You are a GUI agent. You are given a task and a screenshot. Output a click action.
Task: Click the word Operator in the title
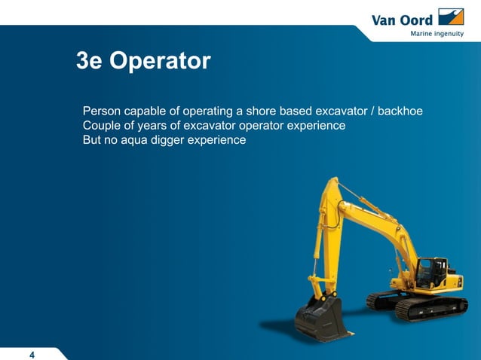(x=160, y=62)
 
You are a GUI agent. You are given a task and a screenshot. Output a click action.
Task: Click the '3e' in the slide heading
(x=89, y=62)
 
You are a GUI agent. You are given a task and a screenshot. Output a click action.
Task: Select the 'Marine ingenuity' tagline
(x=437, y=33)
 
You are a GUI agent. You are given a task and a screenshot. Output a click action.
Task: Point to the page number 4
(x=32, y=355)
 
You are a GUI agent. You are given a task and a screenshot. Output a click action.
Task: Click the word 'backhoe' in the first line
(x=400, y=111)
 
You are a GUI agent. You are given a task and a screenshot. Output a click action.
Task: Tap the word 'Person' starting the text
(x=102, y=111)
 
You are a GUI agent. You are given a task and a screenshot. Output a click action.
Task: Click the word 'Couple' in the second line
(x=103, y=126)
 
